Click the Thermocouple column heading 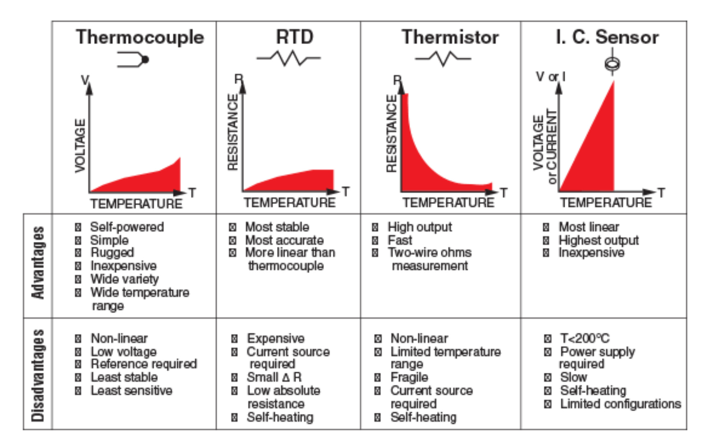point(140,37)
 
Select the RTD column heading point(294,37)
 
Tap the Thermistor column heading point(450,37)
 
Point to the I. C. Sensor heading point(607,37)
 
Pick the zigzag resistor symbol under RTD point(289,58)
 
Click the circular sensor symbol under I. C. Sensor point(612,64)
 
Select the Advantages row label point(38,263)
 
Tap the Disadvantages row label point(38,375)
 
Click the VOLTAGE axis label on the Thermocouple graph point(80,146)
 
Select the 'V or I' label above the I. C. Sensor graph point(550,77)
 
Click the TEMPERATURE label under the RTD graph point(289,203)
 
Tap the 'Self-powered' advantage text point(127,227)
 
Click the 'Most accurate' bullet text point(284,240)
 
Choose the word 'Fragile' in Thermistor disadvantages point(409,377)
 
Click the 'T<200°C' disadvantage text point(585,339)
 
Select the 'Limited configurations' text point(620,404)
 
